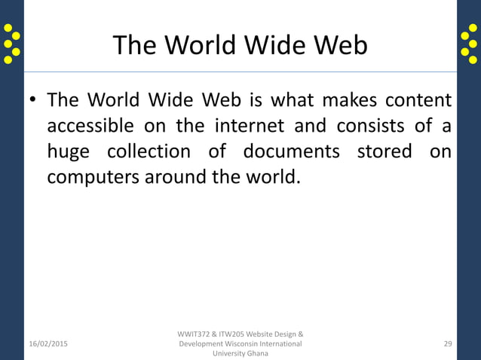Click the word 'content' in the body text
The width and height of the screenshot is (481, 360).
click(418, 100)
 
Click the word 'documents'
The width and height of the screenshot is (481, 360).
click(291, 151)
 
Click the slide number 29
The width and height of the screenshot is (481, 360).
click(448, 344)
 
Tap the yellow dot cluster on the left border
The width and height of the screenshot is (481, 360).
click(11, 44)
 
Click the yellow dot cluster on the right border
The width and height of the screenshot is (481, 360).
click(469, 44)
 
